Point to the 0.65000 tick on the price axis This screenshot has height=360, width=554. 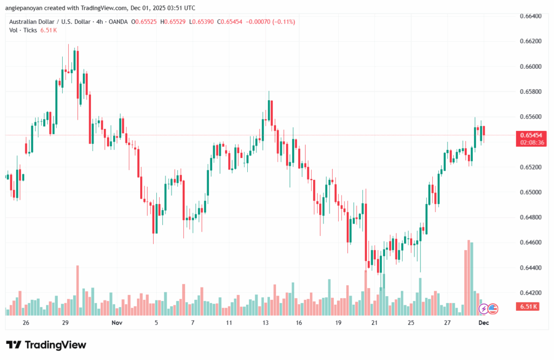(530, 192)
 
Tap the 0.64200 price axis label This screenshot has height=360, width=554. (530, 293)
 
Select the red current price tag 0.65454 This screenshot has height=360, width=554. (531, 135)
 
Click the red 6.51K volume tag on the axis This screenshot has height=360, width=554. (528, 307)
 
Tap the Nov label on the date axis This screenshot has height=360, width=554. (116, 322)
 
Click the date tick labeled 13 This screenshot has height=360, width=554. (266, 322)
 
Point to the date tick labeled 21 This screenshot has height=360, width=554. (374, 322)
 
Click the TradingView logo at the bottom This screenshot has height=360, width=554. (47, 345)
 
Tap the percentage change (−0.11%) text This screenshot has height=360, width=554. (281, 22)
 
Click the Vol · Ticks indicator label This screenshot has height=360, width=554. (23, 30)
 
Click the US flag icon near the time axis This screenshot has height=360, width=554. (492, 309)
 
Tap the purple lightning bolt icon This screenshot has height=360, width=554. (484, 309)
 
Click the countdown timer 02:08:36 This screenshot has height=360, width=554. (531, 142)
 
